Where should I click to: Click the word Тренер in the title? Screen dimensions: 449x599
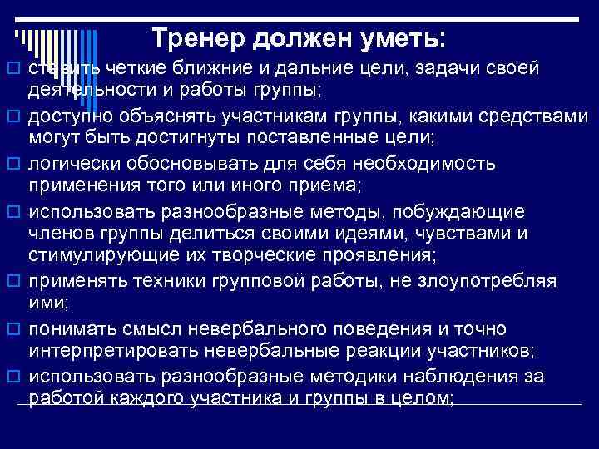click(x=196, y=37)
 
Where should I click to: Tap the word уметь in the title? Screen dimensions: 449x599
click(x=400, y=37)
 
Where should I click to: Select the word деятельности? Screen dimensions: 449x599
click(x=82, y=86)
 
